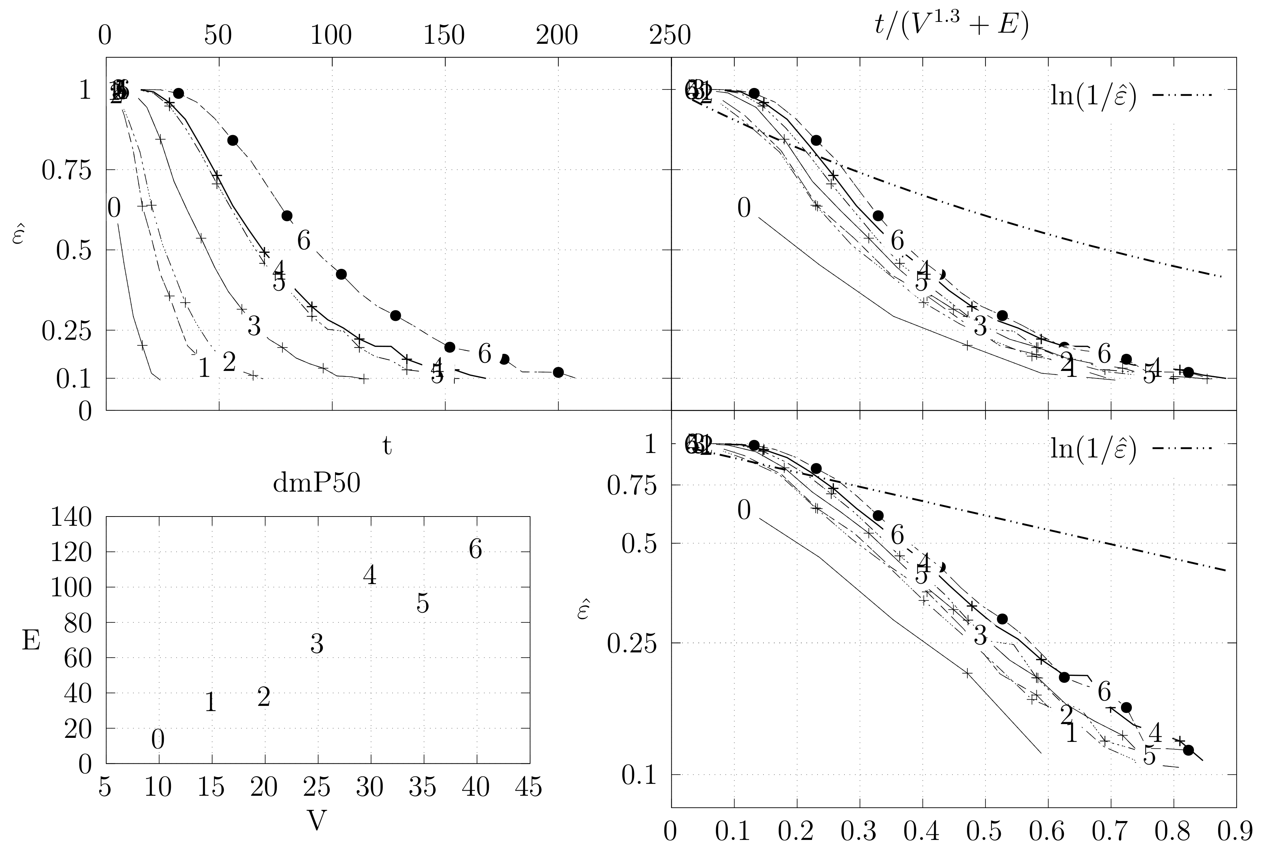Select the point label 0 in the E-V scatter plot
click(x=158, y=740)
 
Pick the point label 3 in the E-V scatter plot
click(x=316, y=644)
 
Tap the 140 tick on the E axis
click(x=71, y=517)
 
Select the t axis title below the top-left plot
click(x=387, y=446)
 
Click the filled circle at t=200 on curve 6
click(x=558, y=372)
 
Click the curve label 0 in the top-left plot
click(x=114, y=208)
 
